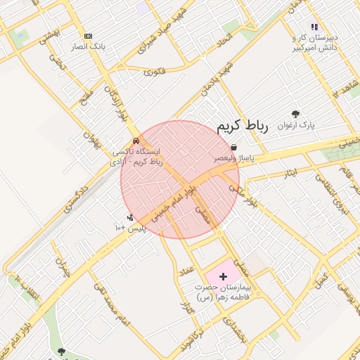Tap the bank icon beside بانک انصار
tap(88, 36)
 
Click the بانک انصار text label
tap(88, 46)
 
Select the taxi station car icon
tap(136, 140)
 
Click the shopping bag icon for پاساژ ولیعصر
tap(233, 148)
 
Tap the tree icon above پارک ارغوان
tap(295, 114)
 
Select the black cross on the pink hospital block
tap(224, 277)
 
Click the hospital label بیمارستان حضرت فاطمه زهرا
tap(224, 292)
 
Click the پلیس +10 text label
tap(129, 229)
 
